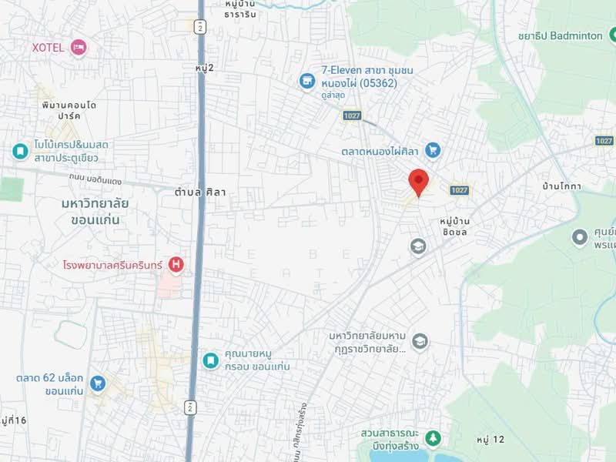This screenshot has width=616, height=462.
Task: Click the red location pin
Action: [x=418, y=182]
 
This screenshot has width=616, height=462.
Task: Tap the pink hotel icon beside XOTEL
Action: [x=78, y=48]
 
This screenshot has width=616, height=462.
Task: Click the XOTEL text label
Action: [x=48, y=48]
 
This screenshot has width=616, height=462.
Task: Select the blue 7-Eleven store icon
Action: [x=307, y=81]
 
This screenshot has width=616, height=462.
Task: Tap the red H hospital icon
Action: [x=176, y=265]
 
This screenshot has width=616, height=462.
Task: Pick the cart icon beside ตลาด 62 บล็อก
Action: [x=97, y=383]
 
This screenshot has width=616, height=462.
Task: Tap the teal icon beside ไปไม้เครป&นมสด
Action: [x=20, y=151]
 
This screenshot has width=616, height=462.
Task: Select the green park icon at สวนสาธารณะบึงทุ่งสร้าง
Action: [x=433, y=439]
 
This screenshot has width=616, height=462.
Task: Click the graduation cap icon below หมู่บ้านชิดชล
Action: [x=418, y=246]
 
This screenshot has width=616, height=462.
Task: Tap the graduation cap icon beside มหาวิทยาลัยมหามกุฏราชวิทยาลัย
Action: [x=420, y=341]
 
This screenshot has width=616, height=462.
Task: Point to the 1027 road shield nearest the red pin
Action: [x=460, y=190]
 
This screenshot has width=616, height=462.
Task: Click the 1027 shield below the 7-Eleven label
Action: [x=353, y=115]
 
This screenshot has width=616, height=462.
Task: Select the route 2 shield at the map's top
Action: [x=200, y=27]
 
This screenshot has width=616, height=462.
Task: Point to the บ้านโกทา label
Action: [x=561, y=186]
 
